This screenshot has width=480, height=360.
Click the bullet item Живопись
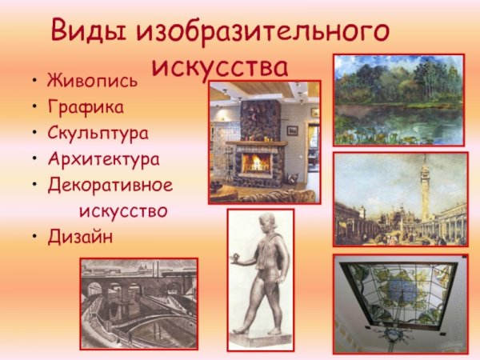click(x=92, y=81)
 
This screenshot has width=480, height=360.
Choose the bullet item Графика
click(x=86, y=106)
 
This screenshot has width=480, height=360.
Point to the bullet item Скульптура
click(x=98, y=133)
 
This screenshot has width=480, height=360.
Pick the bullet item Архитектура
click(x=103, y=158)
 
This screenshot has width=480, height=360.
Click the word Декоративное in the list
click(x=110, y=185)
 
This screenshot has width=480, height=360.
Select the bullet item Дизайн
click(x=80, y=237)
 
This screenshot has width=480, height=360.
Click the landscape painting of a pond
click(x=398, y=99)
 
